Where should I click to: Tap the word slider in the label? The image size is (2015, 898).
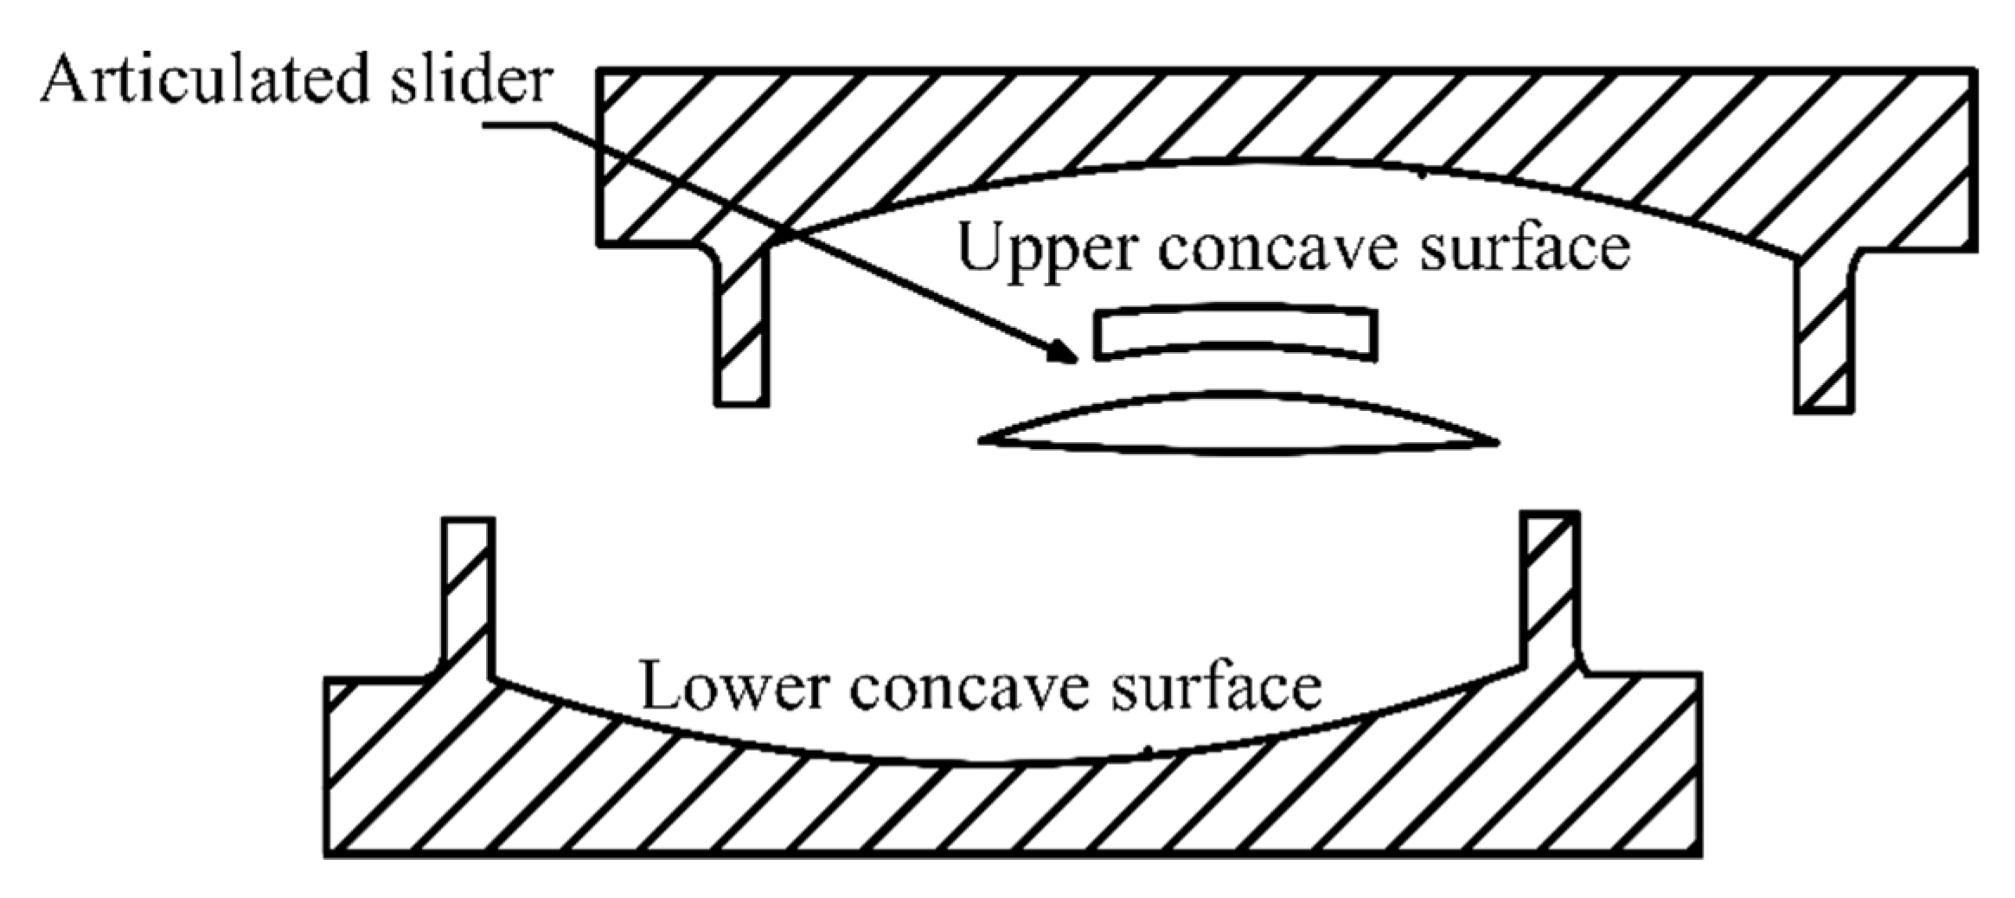[470, 80]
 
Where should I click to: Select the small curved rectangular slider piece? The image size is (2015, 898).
[1235, 332]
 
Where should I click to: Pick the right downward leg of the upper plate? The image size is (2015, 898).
[1823, 337]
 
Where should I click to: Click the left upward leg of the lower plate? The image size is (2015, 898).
[468, 597]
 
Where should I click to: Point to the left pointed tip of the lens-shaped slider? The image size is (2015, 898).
[982, 441]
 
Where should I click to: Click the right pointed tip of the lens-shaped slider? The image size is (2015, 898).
[1495, 442]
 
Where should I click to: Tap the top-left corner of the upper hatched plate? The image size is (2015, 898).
[600, 71]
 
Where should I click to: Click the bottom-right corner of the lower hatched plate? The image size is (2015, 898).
[1699, 855]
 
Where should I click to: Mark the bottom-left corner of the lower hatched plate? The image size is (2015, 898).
[328, 855]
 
